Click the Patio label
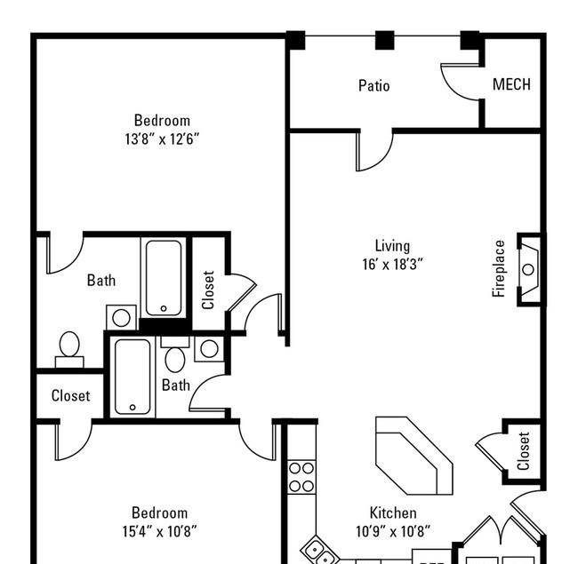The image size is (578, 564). tap(373, 86)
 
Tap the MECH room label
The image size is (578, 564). tap(511, 84)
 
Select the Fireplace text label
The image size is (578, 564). tap(498, 269)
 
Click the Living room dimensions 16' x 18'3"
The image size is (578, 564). tap(392, 264)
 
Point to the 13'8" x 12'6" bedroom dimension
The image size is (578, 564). tap(162, 139)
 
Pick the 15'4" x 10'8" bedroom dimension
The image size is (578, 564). tap(159, 531)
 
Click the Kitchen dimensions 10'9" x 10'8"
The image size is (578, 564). tap(393, 531)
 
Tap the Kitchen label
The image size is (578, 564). tap(393, 512)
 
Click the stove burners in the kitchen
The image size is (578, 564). tap(301, 477)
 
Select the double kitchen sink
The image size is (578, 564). tap(319, 552)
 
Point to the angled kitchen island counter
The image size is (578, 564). tap(414, 456)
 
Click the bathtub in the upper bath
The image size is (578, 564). tap(164, 278)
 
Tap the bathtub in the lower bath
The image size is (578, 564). tap(132, 377)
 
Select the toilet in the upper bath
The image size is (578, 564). tap(69, 349)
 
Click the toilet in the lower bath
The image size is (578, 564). tap(175, 355)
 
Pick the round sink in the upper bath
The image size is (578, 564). tap(121, 317)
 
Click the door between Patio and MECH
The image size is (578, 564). tap(461, 82)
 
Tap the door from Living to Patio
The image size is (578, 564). tap(374, 151)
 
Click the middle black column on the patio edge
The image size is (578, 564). tap(385, 40)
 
